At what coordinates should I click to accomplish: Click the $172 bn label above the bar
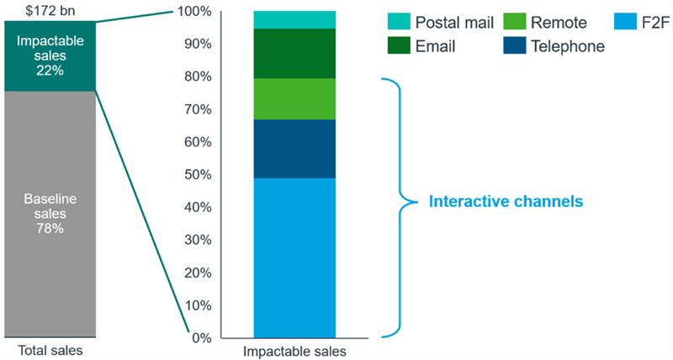pos(50,10)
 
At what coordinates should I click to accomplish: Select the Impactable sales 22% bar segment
pos(50,56)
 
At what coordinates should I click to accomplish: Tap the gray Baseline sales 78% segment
pos(50,214)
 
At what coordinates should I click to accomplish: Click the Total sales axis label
pos(50,350)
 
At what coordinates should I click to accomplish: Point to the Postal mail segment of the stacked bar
pos(294,19)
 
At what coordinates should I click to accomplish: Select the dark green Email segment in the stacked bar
pos(294,54)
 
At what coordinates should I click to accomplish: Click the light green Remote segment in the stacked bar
pos(294,99)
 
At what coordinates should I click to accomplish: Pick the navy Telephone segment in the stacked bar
pos(294,149)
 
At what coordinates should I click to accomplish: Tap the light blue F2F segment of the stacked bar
pos(294,258)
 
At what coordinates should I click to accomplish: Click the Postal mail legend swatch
pos(399,22)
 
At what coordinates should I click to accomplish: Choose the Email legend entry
pos(421,46)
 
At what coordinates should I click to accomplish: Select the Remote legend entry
pos(545,22)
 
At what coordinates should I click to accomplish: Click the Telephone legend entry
pos(554,46)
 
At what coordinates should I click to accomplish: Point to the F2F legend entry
pos(641,22)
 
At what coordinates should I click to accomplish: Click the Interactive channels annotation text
pos(506,201)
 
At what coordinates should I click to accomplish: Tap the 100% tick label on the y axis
pos(194,12)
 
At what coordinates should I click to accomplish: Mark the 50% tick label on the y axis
pos(198,175)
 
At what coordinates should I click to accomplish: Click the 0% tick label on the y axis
pos(201,338)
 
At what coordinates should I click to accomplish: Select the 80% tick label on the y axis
pos(198,77)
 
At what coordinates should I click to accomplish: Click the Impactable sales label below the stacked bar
pos(294,352)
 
